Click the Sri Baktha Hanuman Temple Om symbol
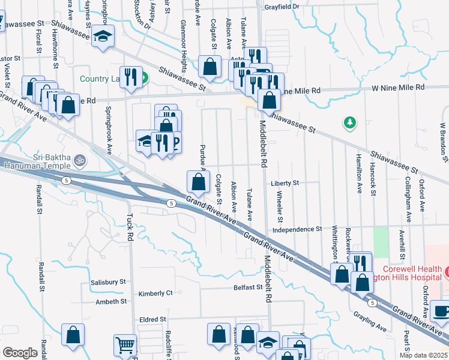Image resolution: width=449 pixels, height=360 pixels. (79, 160)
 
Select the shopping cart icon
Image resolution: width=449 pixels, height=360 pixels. (125, 344)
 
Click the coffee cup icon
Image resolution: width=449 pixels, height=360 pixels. (441, 311)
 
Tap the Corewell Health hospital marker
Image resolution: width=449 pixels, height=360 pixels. (446, 273)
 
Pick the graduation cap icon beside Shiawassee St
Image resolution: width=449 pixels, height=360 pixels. (103, 35)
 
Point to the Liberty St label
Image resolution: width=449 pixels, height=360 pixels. (285, 182)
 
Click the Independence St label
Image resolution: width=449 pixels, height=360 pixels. (297, 229)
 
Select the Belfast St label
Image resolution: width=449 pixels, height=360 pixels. (247, 288)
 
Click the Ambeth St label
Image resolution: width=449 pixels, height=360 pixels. (111, 302)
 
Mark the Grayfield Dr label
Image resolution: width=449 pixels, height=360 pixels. (282, 7)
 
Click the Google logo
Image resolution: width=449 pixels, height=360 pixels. (20, 352)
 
